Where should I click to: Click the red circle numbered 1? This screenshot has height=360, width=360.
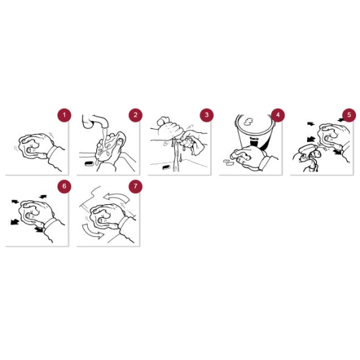64,115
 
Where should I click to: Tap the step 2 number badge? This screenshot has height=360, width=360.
135,115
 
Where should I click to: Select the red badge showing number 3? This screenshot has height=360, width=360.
207,115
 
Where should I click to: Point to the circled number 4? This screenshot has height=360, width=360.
278,115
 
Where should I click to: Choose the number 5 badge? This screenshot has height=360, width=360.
349,115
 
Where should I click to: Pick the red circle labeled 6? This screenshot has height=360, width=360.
64,186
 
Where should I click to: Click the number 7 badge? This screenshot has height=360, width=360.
135,186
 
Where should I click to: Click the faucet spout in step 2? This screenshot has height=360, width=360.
96,121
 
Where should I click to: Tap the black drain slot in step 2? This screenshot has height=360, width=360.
88,164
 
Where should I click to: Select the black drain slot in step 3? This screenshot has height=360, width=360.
166,168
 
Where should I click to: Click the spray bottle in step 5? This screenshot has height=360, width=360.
306,157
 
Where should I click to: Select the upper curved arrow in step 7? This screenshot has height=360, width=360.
117,198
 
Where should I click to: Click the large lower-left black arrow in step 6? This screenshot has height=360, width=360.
15,222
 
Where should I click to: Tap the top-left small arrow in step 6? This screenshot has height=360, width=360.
15,202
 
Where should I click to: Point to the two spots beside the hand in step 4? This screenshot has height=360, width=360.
228,162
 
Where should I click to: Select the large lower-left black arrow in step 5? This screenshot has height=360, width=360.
311,139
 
